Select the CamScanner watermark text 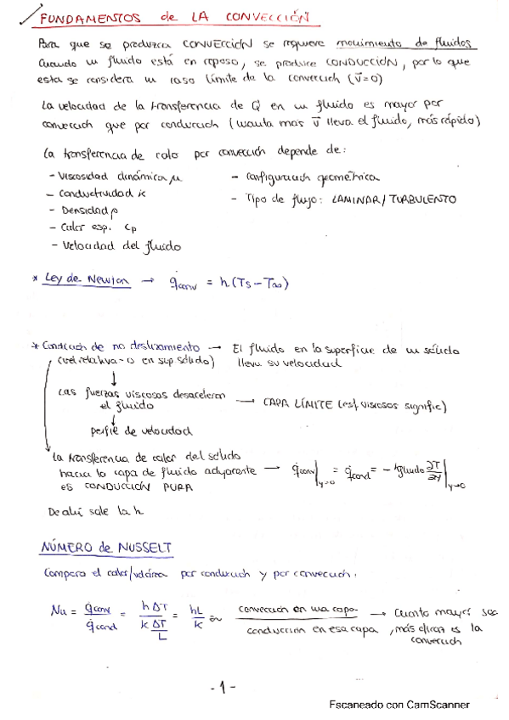coord(399,704)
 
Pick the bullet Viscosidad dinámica coord(117,177)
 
